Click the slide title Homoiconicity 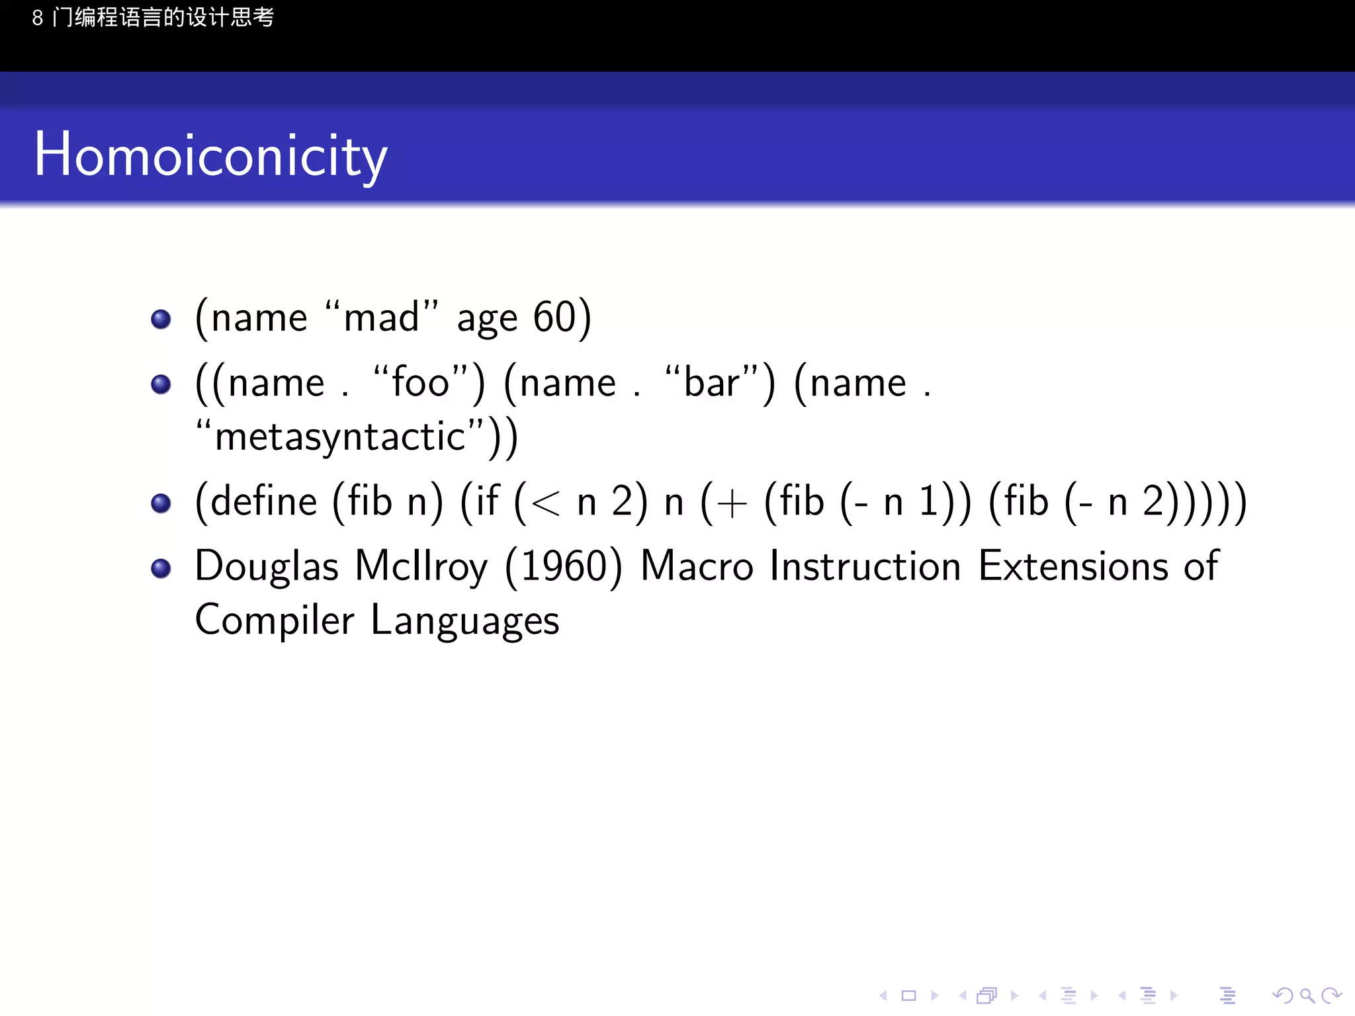point(210,155)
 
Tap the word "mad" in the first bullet point(382,317)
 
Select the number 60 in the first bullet point(555,317)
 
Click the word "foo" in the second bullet point(421,383)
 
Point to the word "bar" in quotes point(712,383)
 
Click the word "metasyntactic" point(341,437)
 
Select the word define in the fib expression point(264,501)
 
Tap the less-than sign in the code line point(545,504)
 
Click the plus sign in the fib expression point(731,504)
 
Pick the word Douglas point(267,567)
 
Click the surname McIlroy point(421,567)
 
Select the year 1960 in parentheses point(564,567)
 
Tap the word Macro point(697,567)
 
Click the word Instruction point(865,567)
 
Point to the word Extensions point(1073,567)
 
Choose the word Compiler point(275,620)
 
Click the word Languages point(464,620)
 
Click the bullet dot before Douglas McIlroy point(161,568)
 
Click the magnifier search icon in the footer point(1307,995)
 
